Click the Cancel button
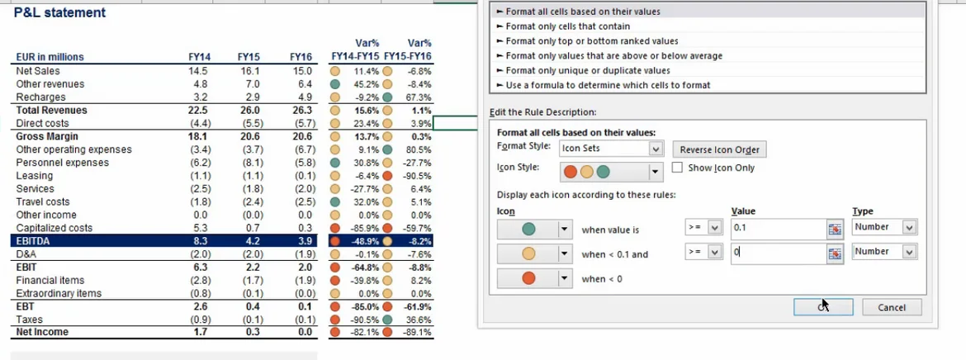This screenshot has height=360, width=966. tap(892, 307)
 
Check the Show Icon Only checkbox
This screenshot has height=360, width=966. tap(678, 168)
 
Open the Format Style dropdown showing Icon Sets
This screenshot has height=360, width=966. tap(656, 149)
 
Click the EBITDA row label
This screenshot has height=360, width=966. tap(35, 241)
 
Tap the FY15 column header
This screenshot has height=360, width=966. tap(249, 57)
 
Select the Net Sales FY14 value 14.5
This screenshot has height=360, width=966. tap(198, 71)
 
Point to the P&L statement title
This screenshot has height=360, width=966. tap(59, 13)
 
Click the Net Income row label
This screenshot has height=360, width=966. tap(42, 332)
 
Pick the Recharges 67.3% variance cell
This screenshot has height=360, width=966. tap(419, 97)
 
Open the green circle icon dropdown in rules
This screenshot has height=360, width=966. tap(566, 230)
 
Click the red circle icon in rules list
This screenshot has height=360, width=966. tap(528, 279)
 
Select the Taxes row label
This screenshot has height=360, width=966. tap(30, 320)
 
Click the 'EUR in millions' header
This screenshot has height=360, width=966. tap(50, 57)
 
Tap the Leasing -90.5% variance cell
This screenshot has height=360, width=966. tap(418, 176)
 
